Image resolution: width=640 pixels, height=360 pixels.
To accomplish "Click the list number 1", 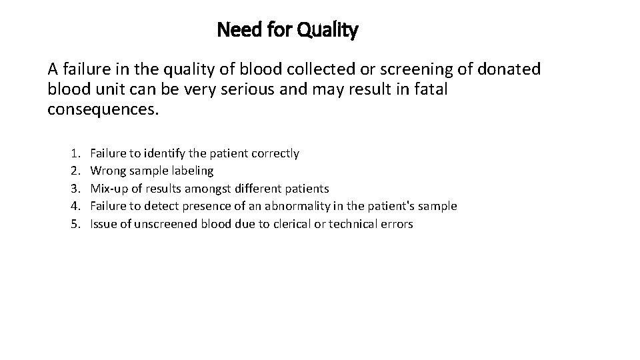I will coord(74,153).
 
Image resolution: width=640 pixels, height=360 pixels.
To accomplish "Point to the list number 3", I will coord(74,189).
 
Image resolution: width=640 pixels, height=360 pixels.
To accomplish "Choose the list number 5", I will coord(74,224).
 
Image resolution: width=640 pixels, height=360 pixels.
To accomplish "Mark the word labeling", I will coord(191,171).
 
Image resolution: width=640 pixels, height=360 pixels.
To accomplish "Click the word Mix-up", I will coord(108,189).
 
